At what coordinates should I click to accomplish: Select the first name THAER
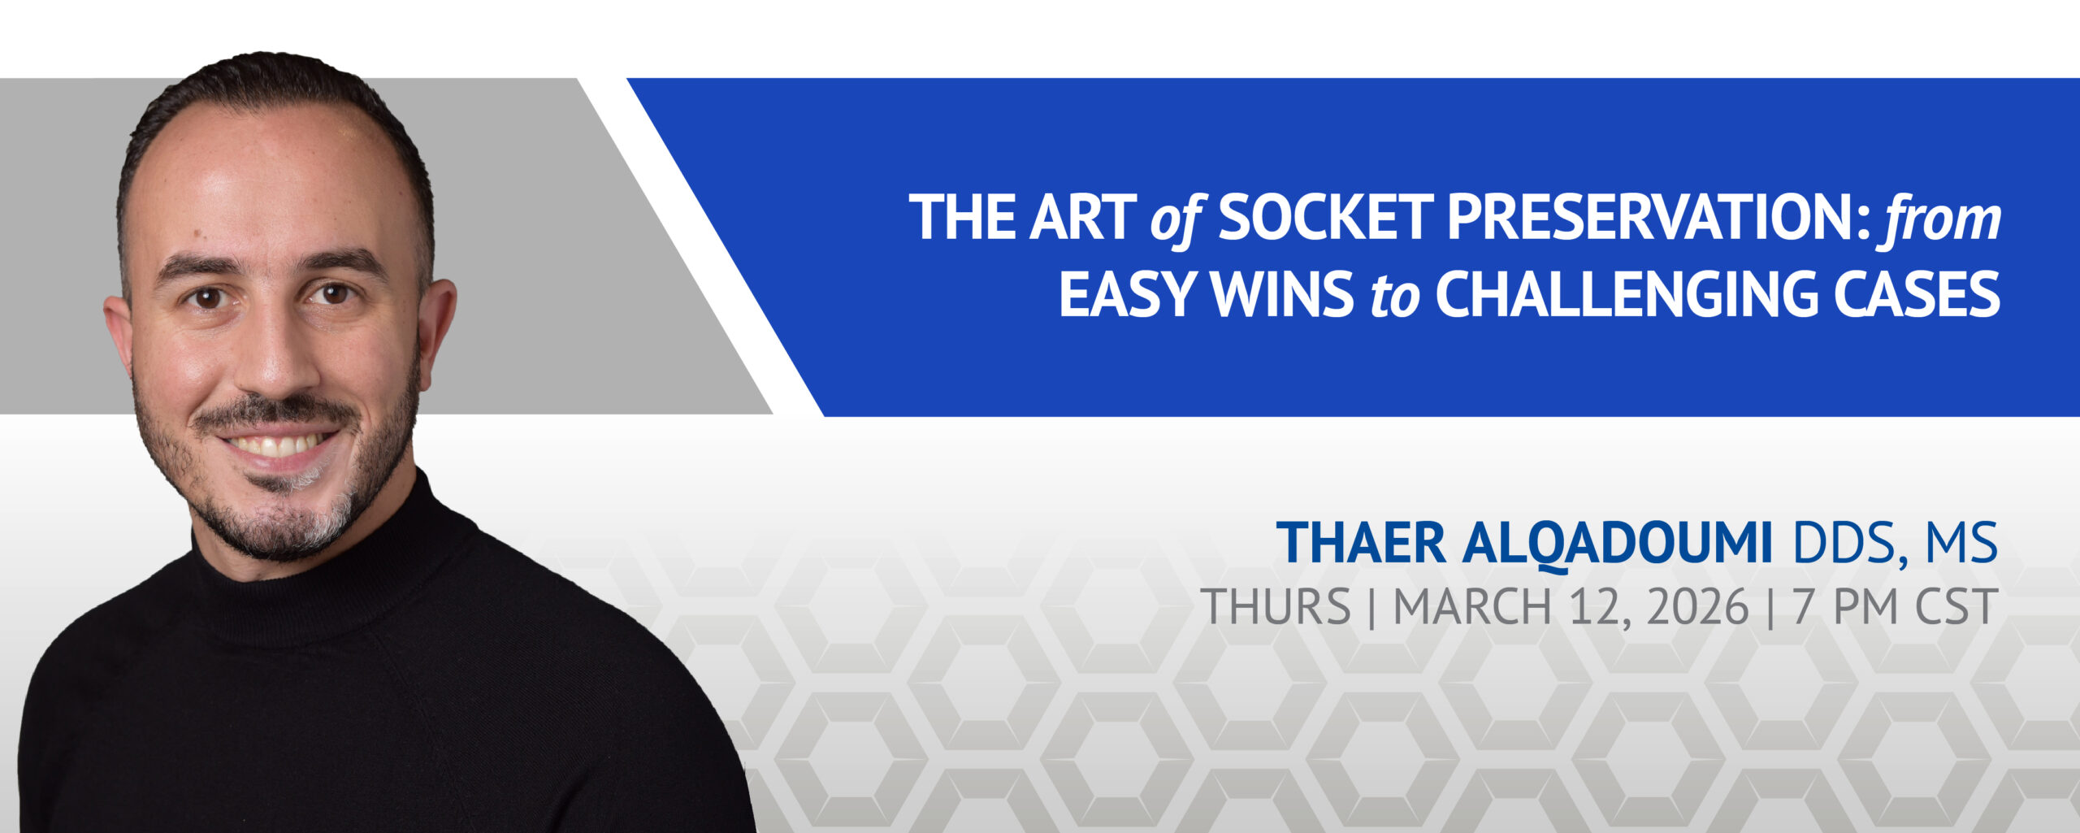1361,542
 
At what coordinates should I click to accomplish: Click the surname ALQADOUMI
1616,544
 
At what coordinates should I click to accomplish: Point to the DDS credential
1844,544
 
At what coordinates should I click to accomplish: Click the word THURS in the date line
1276,606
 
